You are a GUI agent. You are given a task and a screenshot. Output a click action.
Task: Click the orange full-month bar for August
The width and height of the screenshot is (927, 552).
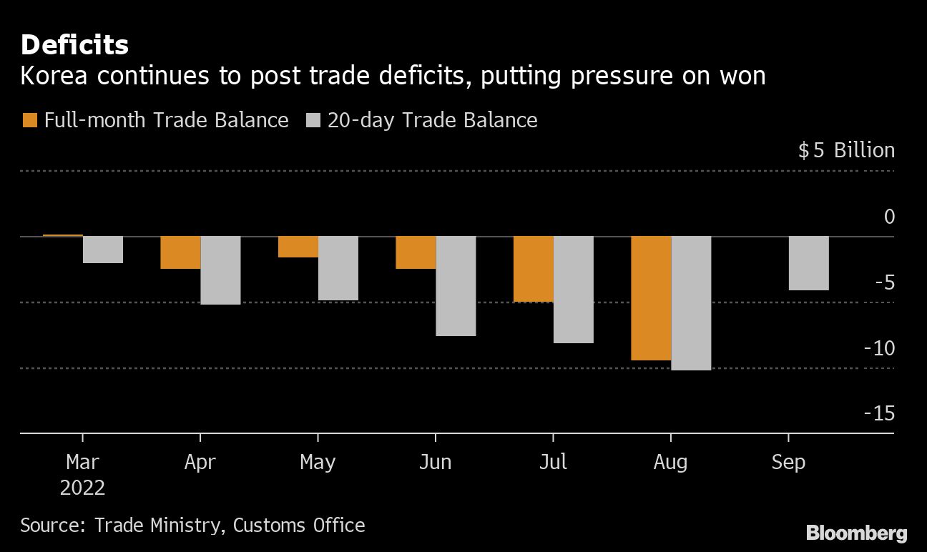coord(651,298)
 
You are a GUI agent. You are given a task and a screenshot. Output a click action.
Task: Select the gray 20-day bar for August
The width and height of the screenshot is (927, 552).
coord(691,303)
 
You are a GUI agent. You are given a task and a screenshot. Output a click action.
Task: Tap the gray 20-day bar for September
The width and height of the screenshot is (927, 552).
coord(808,263)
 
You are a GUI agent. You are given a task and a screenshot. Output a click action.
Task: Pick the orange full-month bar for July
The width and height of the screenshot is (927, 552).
coord(533,269)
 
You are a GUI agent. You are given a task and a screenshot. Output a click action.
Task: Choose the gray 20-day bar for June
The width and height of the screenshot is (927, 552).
coord(456,286)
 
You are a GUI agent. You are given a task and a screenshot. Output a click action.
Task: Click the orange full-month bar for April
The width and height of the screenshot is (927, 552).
coord(180,252)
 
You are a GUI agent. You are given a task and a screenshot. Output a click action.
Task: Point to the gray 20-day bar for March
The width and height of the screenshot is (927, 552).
coord(103,250)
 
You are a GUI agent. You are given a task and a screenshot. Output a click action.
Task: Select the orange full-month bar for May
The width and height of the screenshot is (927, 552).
coord(298,247)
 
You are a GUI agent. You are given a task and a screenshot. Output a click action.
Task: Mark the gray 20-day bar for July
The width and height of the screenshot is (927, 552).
coord(573,290)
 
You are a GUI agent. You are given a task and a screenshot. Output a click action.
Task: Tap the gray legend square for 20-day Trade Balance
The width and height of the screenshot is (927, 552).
coord(312,120)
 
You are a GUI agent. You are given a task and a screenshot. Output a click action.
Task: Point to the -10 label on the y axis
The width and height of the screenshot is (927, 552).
coord(878,348)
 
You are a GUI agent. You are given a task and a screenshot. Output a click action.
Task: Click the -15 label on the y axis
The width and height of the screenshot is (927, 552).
coord(878,413)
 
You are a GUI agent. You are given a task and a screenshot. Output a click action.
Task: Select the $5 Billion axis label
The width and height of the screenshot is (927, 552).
coord(846,150)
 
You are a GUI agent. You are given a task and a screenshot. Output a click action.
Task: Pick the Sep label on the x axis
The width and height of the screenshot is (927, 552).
coord(788,463)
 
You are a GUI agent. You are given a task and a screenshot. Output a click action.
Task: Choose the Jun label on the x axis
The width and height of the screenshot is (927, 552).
coord(435,463)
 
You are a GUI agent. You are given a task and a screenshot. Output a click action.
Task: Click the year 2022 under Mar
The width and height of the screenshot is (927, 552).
coord(82,488)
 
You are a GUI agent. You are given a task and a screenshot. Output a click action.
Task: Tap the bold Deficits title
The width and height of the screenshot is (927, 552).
coord(74,46)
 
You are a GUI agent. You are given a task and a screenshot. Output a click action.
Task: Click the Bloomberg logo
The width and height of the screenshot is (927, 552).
coord(856,533)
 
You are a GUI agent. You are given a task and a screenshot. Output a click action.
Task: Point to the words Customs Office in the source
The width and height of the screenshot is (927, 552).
coord(299,526)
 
